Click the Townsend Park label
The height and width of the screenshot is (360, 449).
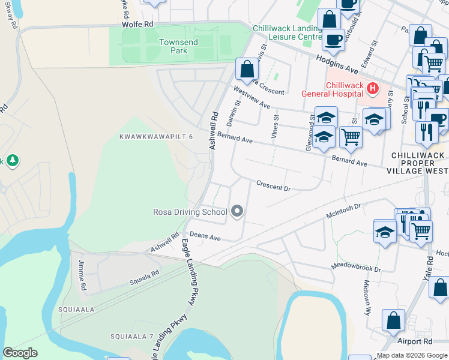173,46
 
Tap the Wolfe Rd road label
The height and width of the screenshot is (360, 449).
137,23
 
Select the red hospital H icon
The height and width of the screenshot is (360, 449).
373,89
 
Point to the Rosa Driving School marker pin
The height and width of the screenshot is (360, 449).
237,211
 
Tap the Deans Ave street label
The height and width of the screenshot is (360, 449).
205,238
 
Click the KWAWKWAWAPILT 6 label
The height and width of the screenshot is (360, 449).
156,137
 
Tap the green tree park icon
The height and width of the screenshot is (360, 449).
12,160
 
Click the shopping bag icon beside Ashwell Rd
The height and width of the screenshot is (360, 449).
247,69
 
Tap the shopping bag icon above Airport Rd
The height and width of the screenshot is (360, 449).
394,320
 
